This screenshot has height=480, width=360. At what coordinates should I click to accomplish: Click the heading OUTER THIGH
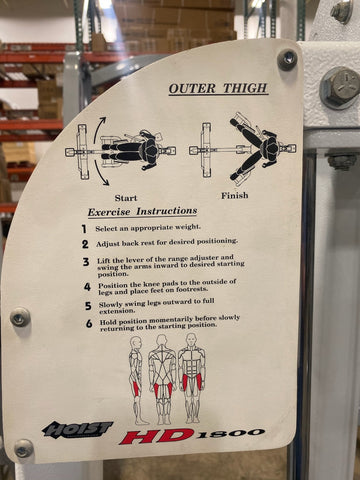pos(218,88)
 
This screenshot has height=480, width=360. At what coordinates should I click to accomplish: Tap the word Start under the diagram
pos(126,198)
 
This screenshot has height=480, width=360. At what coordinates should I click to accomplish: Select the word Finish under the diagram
pos(235,195)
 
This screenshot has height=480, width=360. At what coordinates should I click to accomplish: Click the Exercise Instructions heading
pos(142,212)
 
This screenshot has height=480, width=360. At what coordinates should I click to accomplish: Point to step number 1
pos(84,229)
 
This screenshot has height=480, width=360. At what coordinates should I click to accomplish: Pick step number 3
pos(86,262)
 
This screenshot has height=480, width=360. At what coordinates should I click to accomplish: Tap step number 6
pos(89,323)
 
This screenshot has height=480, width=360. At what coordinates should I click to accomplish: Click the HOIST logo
pos(77,429)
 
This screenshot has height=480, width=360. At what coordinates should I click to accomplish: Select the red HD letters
pos(157,437)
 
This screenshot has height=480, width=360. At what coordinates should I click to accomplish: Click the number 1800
pos(230,434)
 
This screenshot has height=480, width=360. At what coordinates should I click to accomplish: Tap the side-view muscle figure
pos(137,380)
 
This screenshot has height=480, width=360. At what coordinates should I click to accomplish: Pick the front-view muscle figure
pos(192,377)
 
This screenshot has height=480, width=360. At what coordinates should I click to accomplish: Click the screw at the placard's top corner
pos(287,60)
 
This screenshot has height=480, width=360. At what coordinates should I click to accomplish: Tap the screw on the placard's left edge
pos(20,317)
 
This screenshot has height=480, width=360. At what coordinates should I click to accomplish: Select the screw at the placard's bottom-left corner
pos(24,449)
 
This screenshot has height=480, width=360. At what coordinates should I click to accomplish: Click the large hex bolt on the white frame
pos(340,88)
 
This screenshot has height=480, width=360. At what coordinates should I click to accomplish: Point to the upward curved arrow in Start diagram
pos(98,132)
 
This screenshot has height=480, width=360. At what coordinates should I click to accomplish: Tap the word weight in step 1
pos(188,227)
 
